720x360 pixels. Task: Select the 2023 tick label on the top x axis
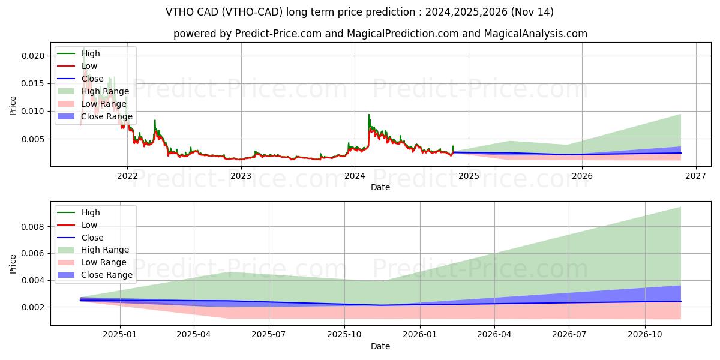[x=241, y=176]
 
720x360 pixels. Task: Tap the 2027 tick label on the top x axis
[x=695, y=176]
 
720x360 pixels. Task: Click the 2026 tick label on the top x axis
[x=582, y=176]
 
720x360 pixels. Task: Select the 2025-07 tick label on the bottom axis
[x=269, y=335]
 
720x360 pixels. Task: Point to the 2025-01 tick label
[x=120, y=335]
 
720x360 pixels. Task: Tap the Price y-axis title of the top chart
[x=13, y=106]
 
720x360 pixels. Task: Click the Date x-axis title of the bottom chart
[x=380, y=346]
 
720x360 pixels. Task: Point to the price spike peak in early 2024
[x=369, y=115]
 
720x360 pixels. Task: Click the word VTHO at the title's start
[x=179, y=12]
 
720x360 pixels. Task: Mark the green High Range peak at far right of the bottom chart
[x=680, y=208]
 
